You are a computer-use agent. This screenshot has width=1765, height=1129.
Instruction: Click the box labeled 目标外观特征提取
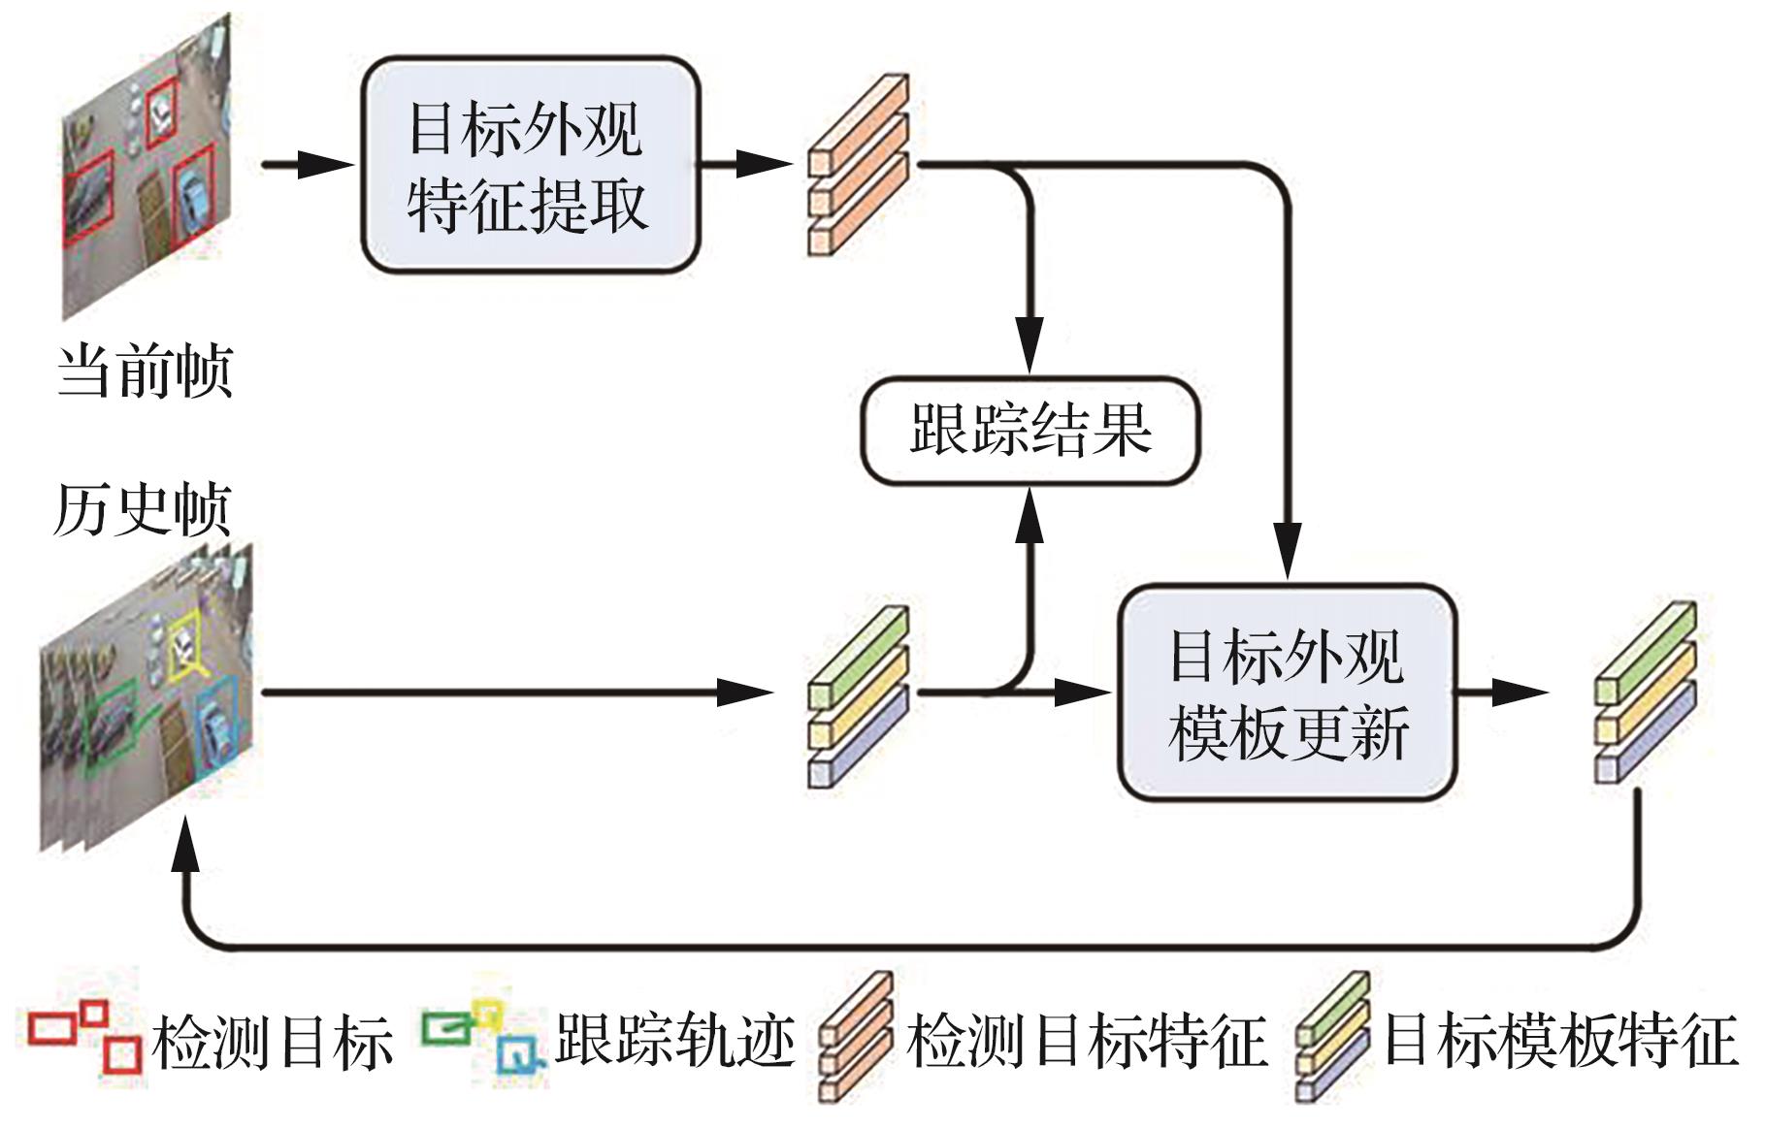(x=530, y=165)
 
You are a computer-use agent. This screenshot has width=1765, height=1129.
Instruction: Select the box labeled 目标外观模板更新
(x=1287, y=693)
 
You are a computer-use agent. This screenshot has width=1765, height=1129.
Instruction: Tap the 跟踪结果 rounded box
(x=1030, y=430)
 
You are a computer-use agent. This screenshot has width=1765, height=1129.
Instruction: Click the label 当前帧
(x=145, y=370)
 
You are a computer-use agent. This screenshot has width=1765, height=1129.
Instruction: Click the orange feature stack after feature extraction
(x=858, y=165)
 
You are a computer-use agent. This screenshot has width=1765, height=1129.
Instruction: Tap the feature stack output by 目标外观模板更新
(x=1646, y=692)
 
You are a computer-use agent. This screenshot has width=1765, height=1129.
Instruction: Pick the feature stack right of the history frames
(x=858, y=695)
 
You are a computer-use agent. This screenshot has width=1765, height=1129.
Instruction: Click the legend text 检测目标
(x=273, y=1042)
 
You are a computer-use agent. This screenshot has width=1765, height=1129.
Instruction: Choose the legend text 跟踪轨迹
(x=675, y=1042)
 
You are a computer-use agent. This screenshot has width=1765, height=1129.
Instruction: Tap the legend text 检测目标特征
(x=1087, y=1042)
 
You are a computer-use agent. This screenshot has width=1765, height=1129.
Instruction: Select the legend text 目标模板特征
(x=1558, y=1042)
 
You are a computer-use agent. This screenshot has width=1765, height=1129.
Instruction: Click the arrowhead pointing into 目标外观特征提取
(x=330, y=165)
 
